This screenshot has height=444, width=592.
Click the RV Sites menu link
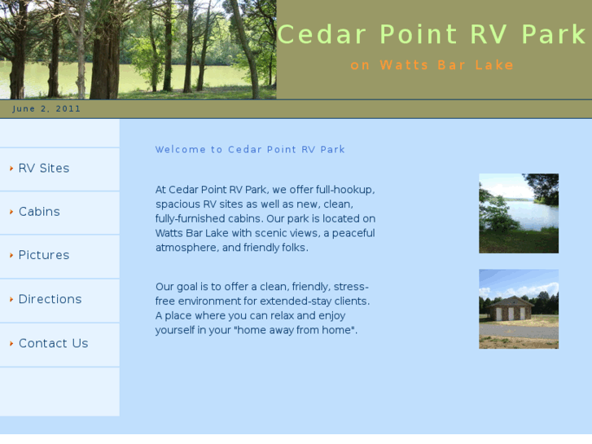click(x=44, y=169)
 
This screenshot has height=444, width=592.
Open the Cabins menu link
click(x=39, y=212)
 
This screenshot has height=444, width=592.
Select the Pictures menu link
click(x=44, y=255)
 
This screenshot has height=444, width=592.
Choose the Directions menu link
click(x=50, y=299)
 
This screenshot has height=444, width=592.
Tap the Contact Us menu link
click(x=53, y=343)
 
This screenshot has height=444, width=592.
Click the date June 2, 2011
click(x=46, y=109)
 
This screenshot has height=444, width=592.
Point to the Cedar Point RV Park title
click(x=432, y=35)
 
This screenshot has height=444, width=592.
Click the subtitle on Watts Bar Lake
click(x=432, y=65)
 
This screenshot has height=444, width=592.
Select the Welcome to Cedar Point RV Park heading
click(x=250, y=150)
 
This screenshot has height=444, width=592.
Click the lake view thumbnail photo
click(x=518, y=213)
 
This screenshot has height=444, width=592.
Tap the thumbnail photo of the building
click(x=518, y=309)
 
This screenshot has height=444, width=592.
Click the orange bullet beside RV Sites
click(x=11, y=169)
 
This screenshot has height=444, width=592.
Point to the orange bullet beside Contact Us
click(x=11, y=344)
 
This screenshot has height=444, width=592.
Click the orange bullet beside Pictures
click(x=11, y=256)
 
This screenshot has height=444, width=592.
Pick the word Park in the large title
click(x=554, y=35)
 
